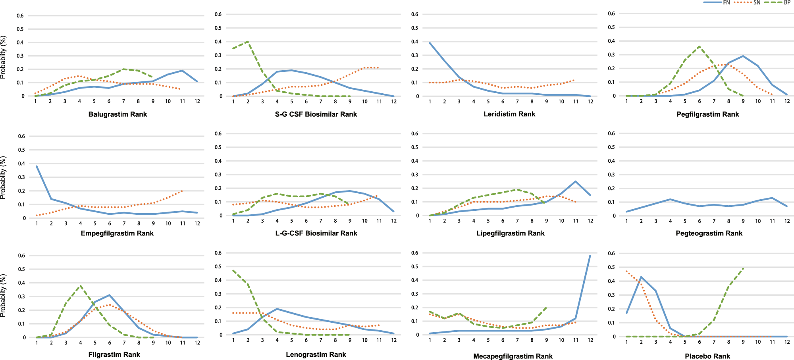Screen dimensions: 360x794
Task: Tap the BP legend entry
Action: point(787,2)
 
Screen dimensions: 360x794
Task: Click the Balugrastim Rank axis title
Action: point(118,114)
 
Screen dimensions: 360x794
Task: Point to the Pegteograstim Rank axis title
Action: point(709,233)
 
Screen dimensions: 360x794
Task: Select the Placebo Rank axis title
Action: point(707,356)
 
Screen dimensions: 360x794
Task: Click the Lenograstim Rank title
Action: point(316,354)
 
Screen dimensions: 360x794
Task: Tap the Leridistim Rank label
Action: point(509,114)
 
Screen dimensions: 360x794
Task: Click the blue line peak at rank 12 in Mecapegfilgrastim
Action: point(590,256)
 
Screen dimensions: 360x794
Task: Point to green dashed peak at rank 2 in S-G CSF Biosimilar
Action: point(248,41)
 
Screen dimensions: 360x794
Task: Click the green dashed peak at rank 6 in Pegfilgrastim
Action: point(699,46)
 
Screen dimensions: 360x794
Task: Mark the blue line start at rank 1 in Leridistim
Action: point(430,43)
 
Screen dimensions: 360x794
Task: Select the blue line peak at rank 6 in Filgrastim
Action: point(110,295)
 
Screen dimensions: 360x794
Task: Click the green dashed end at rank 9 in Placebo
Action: point(743,268)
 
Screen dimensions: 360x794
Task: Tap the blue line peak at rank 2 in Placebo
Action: point(641,277)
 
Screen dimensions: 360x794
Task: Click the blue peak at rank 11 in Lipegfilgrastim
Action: point(576,181)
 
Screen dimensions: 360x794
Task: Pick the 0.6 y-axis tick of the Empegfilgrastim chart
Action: point(21,136)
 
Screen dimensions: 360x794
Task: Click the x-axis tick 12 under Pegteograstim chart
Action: point(786,221)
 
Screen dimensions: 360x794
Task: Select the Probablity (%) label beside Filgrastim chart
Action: point(4,295)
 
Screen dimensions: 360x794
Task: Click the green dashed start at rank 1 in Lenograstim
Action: point(233,270)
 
